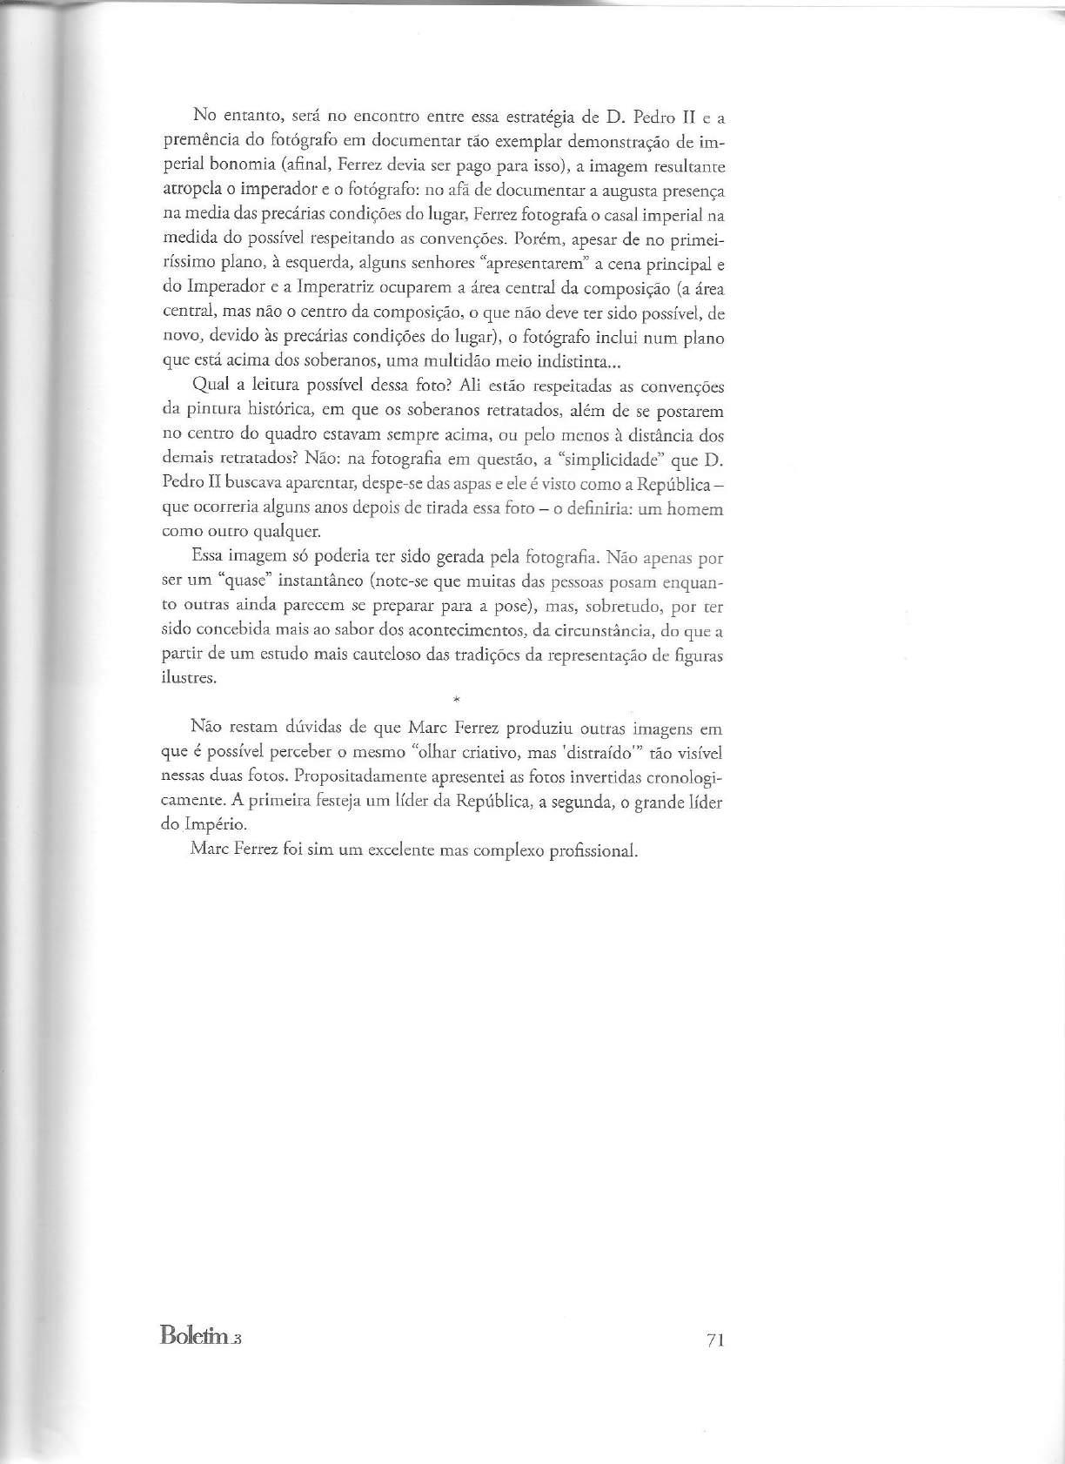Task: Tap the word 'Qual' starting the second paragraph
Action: pyautogui.click(x=204, y=386)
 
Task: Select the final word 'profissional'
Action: pyautogui.click(x=594, y=850)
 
